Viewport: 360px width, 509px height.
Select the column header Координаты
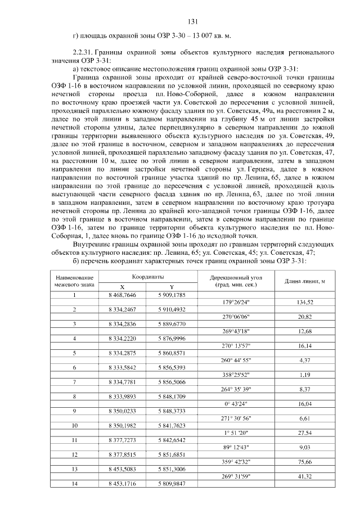[147, 277]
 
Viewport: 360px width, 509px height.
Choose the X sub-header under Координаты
[122, 286]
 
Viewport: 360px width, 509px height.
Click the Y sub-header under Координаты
[172, 286]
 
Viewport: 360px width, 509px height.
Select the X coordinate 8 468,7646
[122, 295]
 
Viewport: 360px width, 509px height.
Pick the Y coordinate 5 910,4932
[172, 309]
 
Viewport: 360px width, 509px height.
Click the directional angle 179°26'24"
[236, 302]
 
